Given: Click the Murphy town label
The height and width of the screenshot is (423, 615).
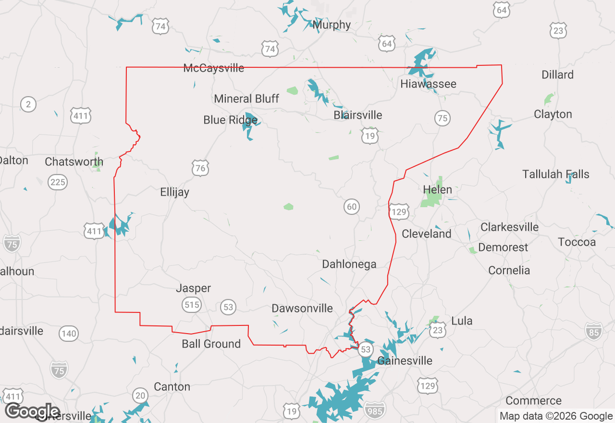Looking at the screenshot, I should point(332,25).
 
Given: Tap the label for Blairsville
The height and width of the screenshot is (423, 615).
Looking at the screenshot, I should point(358,115).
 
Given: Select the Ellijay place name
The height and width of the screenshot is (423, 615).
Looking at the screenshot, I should point(174,192).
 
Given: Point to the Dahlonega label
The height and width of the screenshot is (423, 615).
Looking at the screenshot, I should point(349,264).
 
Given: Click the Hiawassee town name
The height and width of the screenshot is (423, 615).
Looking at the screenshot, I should point(428,84).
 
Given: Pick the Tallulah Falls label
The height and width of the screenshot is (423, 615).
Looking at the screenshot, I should point(555,174).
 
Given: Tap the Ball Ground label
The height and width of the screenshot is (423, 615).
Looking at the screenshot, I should point(211,344).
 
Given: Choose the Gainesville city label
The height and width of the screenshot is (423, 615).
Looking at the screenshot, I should point(405,361).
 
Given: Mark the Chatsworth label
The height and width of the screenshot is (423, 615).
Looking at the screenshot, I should point(74,162).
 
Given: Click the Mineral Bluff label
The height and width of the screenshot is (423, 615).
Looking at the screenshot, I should point(246,99).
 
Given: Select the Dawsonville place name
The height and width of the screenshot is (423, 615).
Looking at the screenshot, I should point(302,308).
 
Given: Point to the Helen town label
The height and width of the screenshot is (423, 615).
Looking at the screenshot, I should point(437,189).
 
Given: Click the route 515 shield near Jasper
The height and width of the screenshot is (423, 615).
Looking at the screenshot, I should point(191,304).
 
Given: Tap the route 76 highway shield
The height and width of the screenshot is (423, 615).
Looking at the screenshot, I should point(200,168).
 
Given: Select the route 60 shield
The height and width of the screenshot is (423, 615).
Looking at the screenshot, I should point(352,207).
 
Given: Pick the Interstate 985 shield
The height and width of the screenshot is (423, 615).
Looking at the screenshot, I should point(374,410).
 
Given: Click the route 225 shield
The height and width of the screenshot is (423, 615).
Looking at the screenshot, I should point(58,182).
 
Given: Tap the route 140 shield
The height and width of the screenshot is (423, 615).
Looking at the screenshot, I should point(69,334).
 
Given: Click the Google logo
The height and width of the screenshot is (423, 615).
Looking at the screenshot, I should point(33,412).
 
